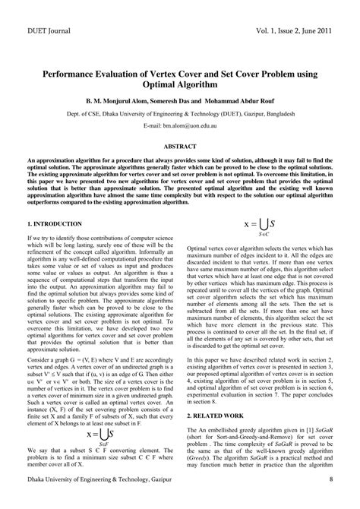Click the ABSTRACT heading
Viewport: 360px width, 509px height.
[x=180, y=144]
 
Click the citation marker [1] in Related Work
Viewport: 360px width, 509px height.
[x=305, y=431]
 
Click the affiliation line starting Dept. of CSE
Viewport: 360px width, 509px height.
[x=180, y=112]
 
